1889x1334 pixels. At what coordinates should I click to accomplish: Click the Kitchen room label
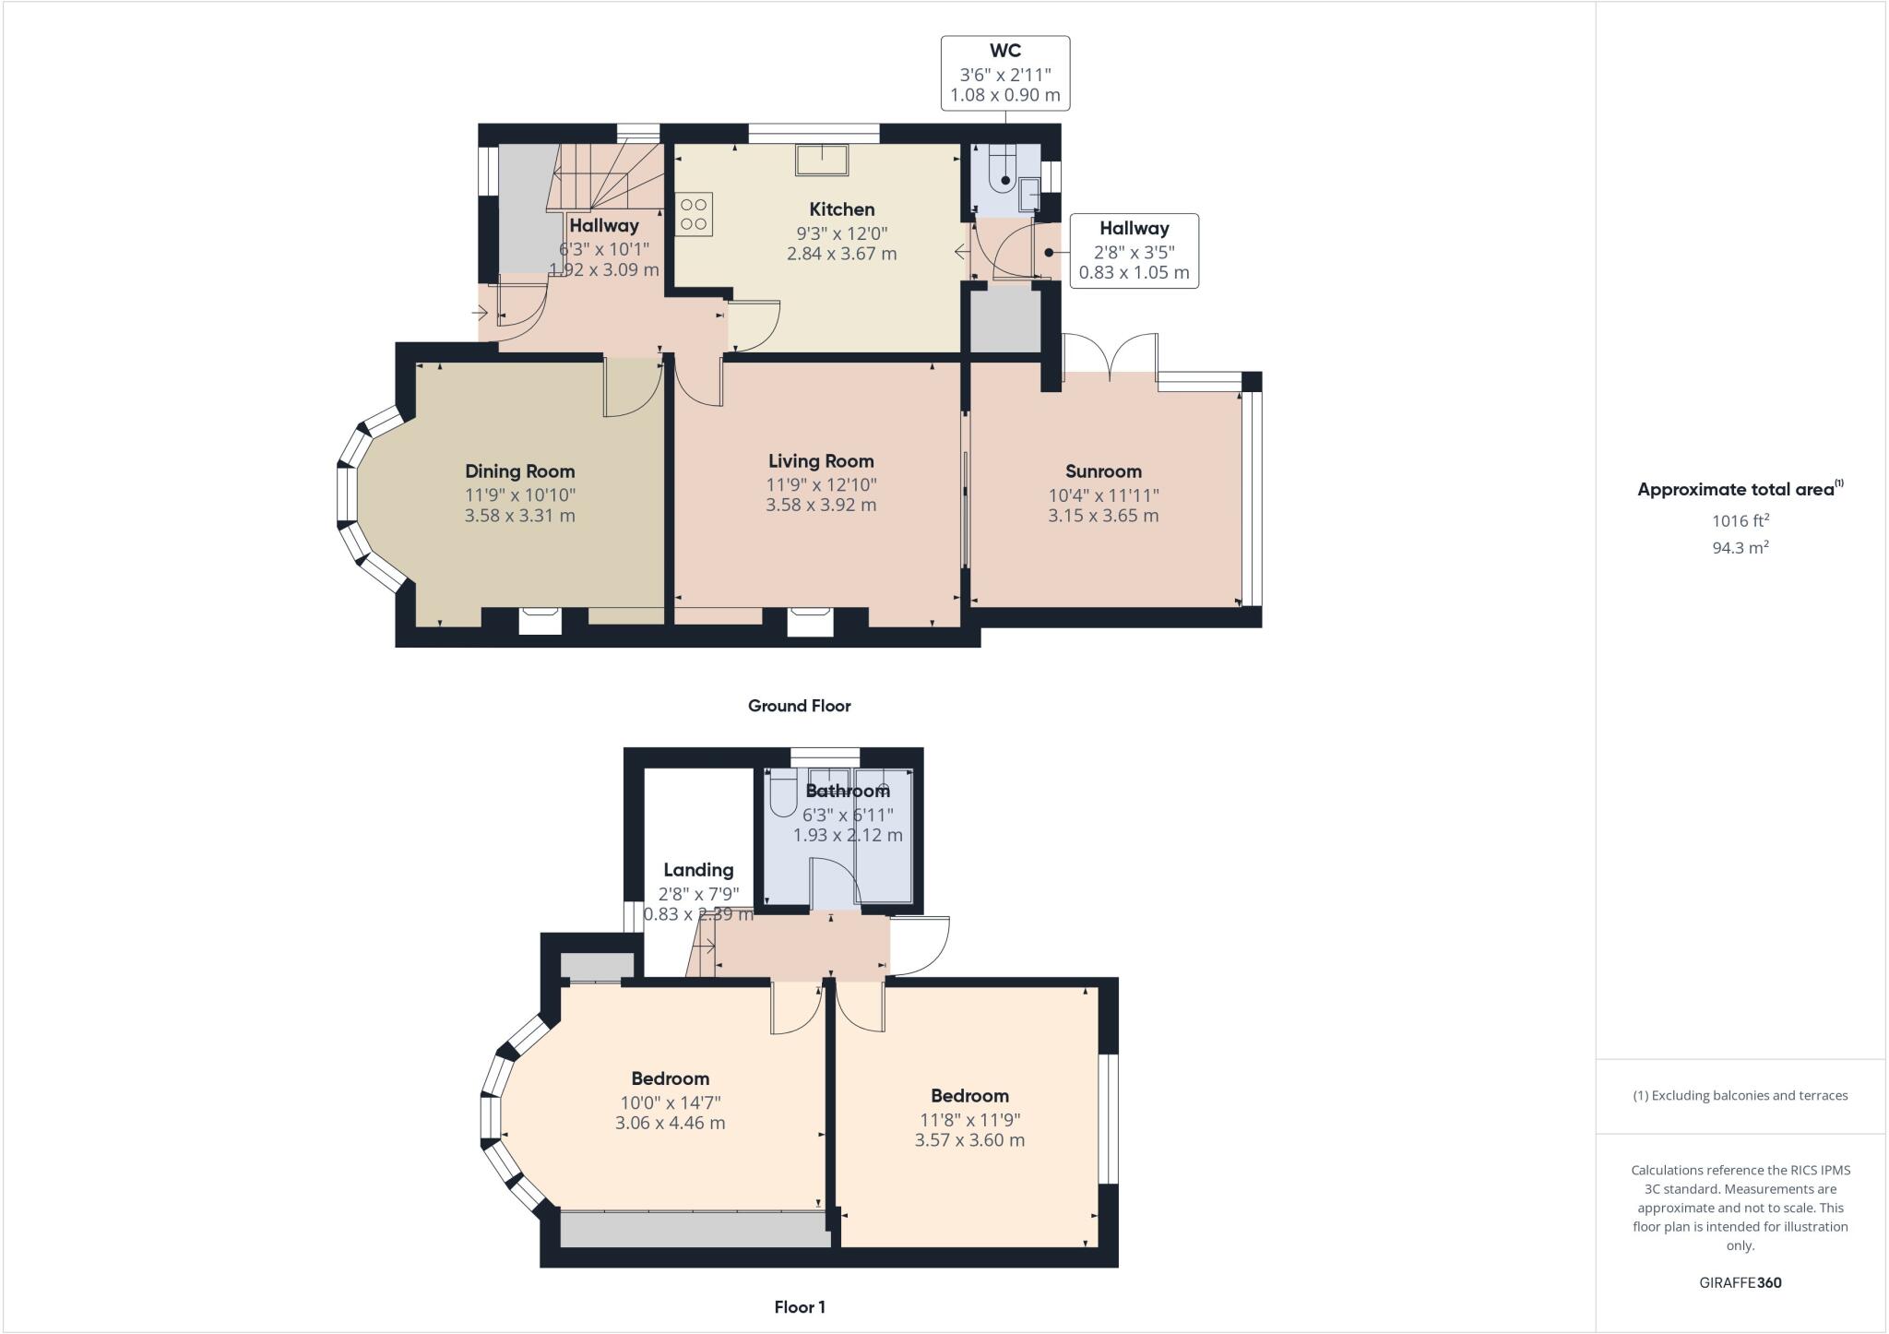tap(841, 209)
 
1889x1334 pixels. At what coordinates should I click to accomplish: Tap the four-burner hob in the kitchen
tap(694, 214)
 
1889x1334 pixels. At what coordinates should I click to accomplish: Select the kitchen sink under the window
tap(821, 160)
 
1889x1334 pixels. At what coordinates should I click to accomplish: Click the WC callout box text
tap(1004, 73)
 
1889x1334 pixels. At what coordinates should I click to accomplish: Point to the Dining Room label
tap(519, 471)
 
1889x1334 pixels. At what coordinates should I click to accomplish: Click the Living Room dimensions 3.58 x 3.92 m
tap(821, 505)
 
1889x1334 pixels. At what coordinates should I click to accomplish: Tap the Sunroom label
tap(1103, 471)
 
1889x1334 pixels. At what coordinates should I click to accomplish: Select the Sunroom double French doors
tap(1111, 354)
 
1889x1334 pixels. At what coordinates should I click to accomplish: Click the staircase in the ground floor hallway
tap(604, 175)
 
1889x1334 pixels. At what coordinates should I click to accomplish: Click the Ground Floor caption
tap(799, 706)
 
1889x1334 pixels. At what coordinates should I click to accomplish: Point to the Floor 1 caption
tap(799, 1307)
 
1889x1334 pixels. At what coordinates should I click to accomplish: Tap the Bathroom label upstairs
tap(847, 791)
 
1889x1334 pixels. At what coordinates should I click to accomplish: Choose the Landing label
tap(698, 870)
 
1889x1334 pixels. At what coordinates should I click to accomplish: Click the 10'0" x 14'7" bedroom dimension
tap(671, 1102)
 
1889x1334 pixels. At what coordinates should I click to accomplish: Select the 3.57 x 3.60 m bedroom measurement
tap(969, 1139)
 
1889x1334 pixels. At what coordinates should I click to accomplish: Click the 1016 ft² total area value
tap(1740, 521)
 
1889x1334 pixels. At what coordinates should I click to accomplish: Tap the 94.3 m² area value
tap(1740, 548)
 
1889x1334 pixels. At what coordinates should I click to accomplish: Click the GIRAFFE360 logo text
tap(1740, 1282)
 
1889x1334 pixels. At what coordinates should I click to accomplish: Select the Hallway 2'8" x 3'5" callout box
tap(1134, 251)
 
